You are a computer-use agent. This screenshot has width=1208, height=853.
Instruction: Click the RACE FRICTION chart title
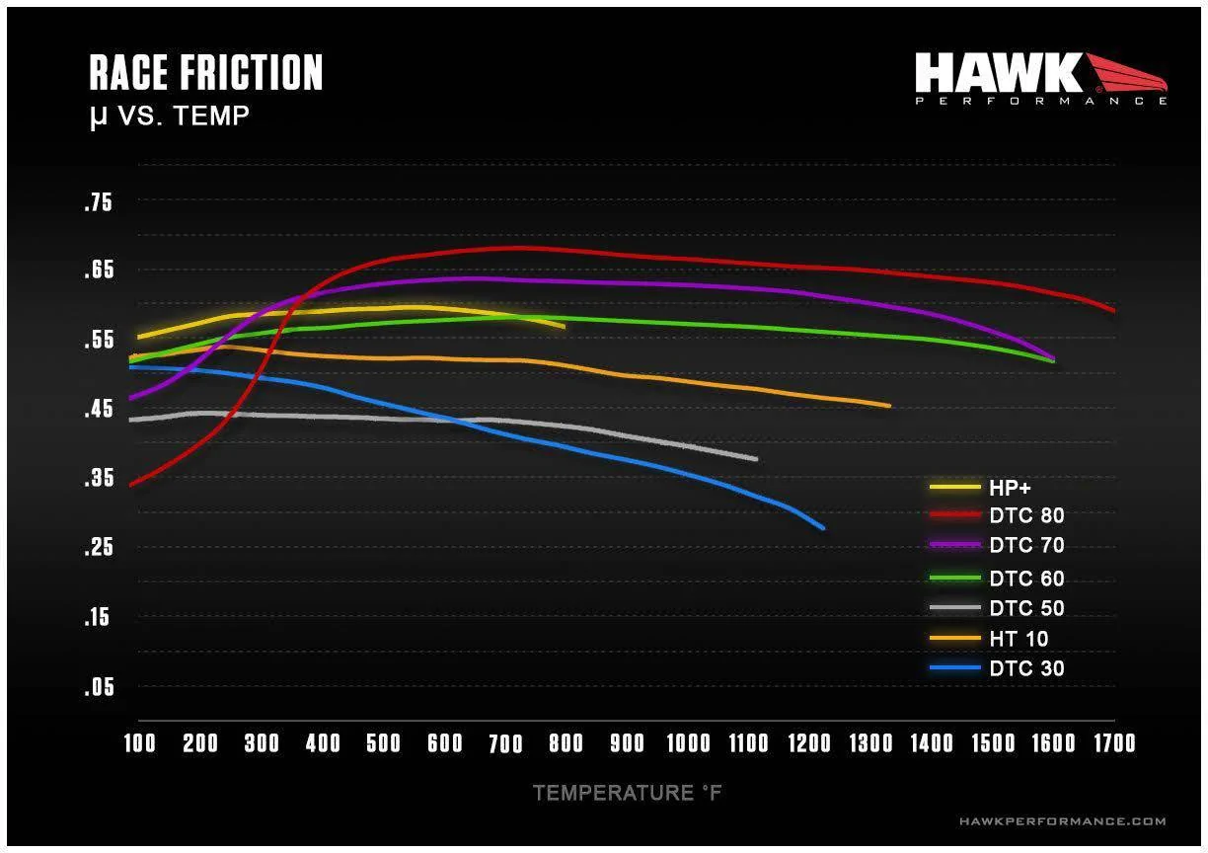pyautogui.click(x=205, y=74)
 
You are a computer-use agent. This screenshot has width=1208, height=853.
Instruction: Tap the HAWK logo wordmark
pyautogui.click(x=999, y=74)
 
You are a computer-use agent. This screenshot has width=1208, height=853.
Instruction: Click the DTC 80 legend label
pyautogui.click(x=1026, y=515)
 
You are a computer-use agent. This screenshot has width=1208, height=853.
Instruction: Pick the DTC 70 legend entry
pyautogui.click(x=1026, y=545)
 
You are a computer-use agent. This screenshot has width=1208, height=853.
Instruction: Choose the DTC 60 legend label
pyautogui.click(x=1026, y=579)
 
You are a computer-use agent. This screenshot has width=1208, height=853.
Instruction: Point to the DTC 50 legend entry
pyautogui.click(x=1026, y=609)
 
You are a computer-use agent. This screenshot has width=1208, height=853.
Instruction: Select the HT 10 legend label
pyautogui.click(x=1019, y=639)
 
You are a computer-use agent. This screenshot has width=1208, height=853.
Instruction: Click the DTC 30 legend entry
pyautogui.click(x=1026, y=669)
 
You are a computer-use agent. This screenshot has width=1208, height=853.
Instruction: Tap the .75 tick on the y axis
pyautogui.click(x=100, y=203)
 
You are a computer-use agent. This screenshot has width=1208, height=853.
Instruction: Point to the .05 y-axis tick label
pyautogui.click(x=100, y=687)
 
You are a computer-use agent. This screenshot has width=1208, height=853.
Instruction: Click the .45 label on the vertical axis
pyautogui.click(x=100, y=410)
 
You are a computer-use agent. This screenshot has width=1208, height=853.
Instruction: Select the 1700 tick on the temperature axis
pyautogui.click(x=1112, y=743)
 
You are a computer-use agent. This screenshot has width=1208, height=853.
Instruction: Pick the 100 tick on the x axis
pyautogui.click(x=139, y=743)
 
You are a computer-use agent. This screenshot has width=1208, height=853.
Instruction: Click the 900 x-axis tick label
pyautogui.click(x=627, y=743)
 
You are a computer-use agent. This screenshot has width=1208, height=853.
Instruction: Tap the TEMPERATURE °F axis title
pyautogui.click(x=628, y=793)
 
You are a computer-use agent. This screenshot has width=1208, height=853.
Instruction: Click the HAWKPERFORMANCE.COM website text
pyautogui.click(x=1062, y=821)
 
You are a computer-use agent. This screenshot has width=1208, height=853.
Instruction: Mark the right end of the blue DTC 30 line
pyautogui.click(x=822, y=528)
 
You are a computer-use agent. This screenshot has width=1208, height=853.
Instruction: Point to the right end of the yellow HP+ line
pyautogui.click(x=564, y=326)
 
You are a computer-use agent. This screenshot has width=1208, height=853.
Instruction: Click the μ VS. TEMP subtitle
pyautogui.click(x=169, y=116)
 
